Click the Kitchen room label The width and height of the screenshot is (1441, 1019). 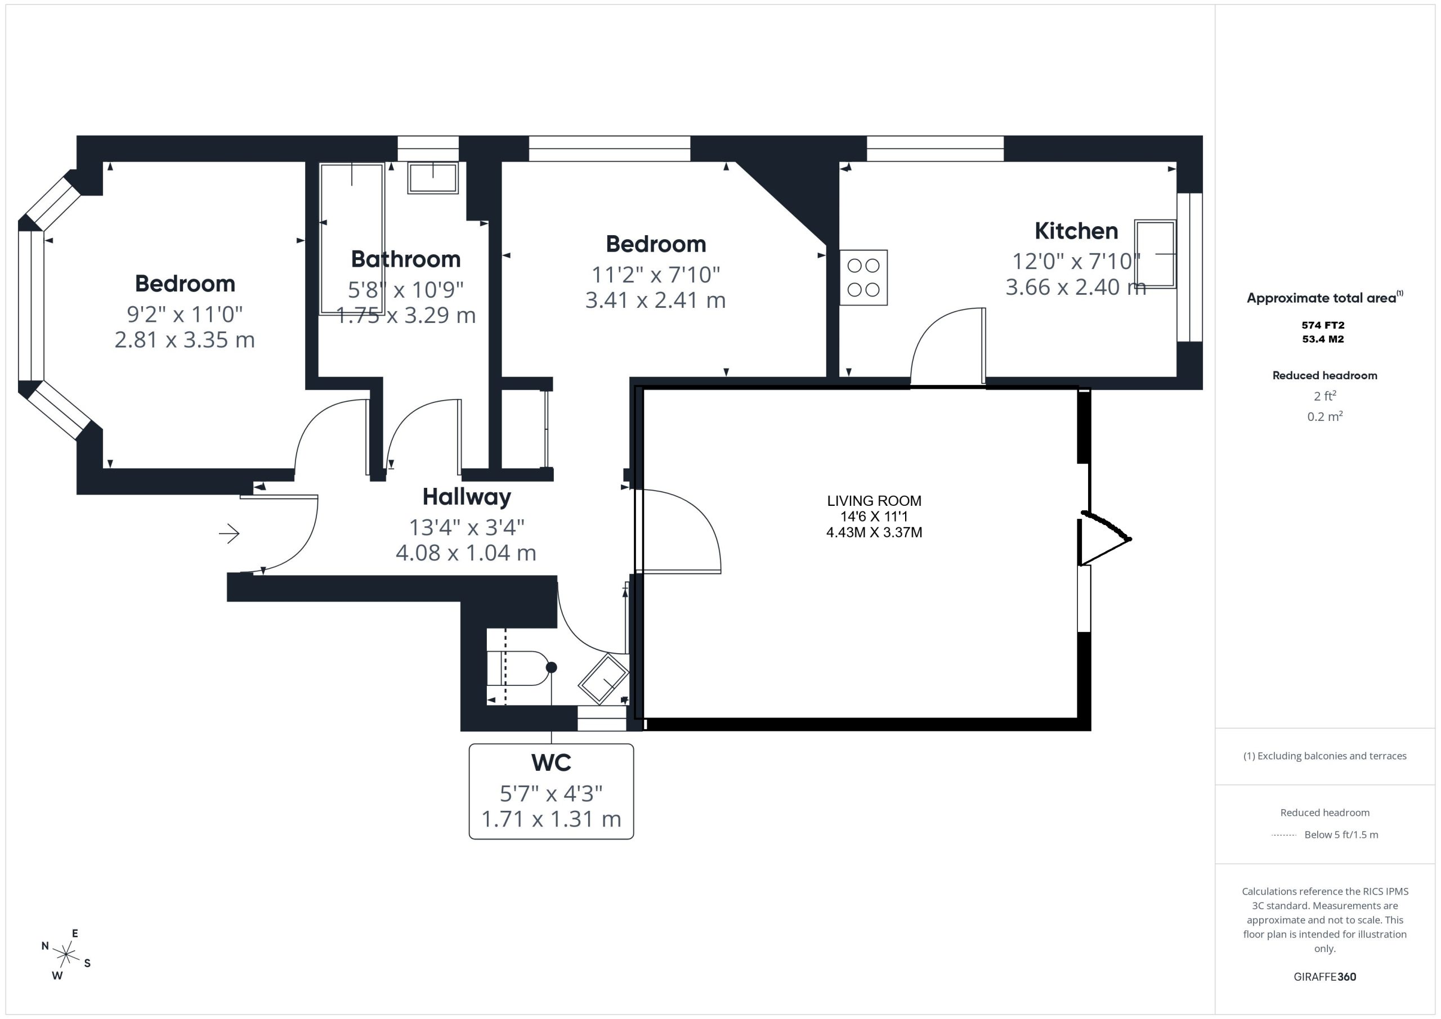tap(1076, 231)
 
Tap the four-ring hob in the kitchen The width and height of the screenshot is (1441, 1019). tap(863, 278)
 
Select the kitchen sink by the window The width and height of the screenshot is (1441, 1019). tap(1155, 254)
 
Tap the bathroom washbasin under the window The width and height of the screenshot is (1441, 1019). tap(432, 178)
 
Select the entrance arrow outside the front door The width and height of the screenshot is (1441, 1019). tap(229, 533)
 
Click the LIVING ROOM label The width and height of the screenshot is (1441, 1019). tap(874, 501)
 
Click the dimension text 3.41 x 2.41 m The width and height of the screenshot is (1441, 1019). tap(655, 300)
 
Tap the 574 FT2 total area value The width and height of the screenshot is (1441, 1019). tap(1323, 325)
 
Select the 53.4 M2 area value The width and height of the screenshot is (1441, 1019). tap(1323, 339)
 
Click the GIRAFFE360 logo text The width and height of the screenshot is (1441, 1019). tap(1324, 976)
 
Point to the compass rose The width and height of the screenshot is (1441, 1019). tap(65, 955)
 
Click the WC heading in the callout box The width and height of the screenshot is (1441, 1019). tap(551, 762)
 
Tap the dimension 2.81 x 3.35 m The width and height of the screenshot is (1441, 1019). tap(185, 339)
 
